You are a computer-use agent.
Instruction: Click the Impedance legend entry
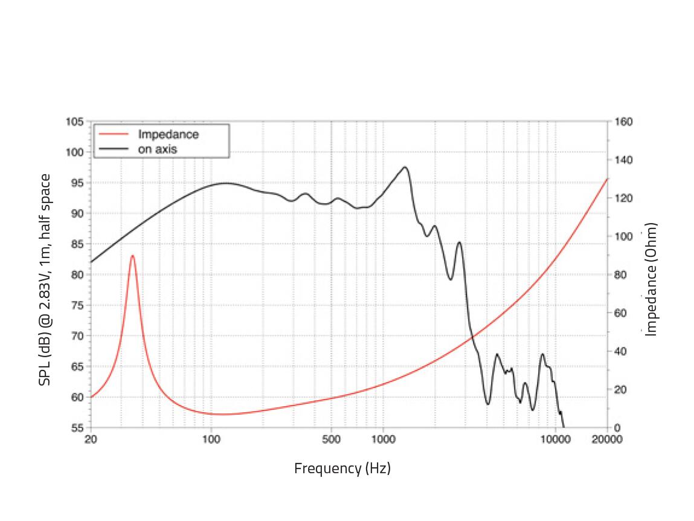pos(168,134)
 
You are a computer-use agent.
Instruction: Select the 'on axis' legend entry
pos(158,149)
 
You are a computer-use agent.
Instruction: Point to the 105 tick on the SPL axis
pos(75,121)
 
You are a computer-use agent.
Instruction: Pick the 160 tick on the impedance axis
pos(622,121)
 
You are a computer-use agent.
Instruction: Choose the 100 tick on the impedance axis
pos(622,236)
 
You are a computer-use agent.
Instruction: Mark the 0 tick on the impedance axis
pos(617,428)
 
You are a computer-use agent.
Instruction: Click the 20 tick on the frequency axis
pos(91,440)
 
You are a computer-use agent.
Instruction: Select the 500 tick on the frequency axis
pos(331,440)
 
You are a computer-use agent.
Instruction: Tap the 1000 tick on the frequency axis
pos(382,440)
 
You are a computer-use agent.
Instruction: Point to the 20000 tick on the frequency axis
pos(606,440)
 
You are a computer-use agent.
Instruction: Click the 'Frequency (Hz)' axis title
pos(342,468)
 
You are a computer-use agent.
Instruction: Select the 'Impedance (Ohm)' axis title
pos(651,279)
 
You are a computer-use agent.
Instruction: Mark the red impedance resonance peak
pos(132,256)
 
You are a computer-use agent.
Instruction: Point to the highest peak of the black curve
pos(405,167)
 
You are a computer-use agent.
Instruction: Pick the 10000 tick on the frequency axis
pos(554,440)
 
